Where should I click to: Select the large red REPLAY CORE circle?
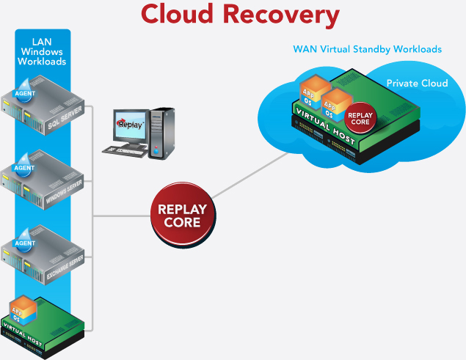(181, 215)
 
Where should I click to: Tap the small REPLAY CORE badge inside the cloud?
(360, 119)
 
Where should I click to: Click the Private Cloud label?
(417, 84)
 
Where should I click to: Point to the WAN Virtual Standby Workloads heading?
(367, 50)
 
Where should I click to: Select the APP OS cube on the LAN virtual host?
(23, 308)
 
